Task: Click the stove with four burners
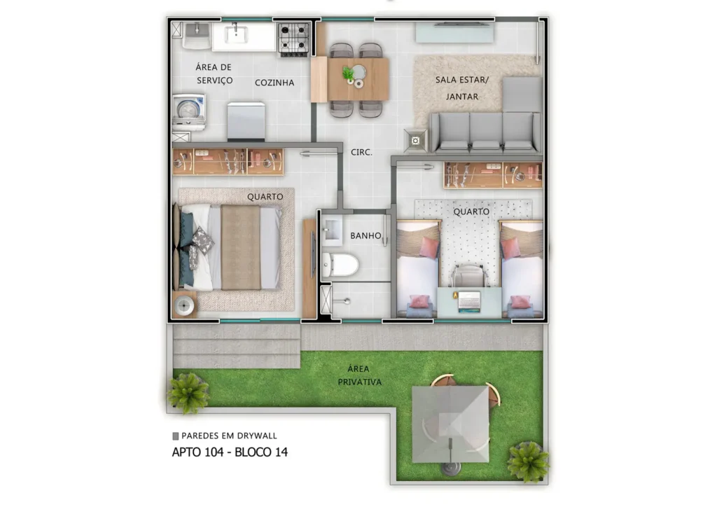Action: click(295, 39)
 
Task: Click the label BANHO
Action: click(366, 236)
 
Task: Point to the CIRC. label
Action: click(361, 151)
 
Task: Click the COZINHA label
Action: click(274, 83)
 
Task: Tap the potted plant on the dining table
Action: click(348, 73)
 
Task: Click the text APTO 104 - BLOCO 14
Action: click(230, 452)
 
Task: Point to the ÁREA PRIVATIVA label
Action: click(359, 375)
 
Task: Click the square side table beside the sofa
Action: click(416, 140)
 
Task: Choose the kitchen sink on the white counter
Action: click(236, 34)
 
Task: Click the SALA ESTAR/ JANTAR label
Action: click(462, 88)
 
